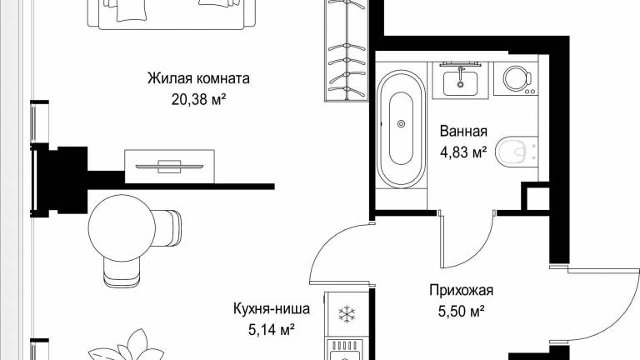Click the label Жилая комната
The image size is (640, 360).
pyautogui.click(x=198, y=78)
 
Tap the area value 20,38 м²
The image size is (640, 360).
pyautogui.click(x=198, y=99)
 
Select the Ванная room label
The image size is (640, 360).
pyautogui.click(x=463, y=132)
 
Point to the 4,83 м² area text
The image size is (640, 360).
pyautogui.click(x=463, y=152)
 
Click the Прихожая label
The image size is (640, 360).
pyautogui.click(x=461, y=290)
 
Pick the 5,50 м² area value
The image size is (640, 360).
pyautogui.click(x=461, y=312)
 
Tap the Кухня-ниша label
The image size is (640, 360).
pyautogui.click(x=272, y=308)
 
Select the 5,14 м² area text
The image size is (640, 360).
pyautogui.click(x=272, y=329)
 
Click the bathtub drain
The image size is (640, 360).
pyautogui.click(x=401, y=123)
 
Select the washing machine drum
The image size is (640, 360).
pyautogui.click(x=515, y=77)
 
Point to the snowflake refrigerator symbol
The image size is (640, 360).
pyautogui.click(x=347, y=315)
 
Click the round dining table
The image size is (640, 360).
pyautogui.click(x=122, y=227)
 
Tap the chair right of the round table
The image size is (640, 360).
pyautogui.click(x=168, y=228)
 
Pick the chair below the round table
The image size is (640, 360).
pyautogui.click(x=122, y=272)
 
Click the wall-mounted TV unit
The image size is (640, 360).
pyautogui.click(x=169, y=167)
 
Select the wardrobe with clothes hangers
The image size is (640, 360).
pyautogui.click(x=347, y=51)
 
